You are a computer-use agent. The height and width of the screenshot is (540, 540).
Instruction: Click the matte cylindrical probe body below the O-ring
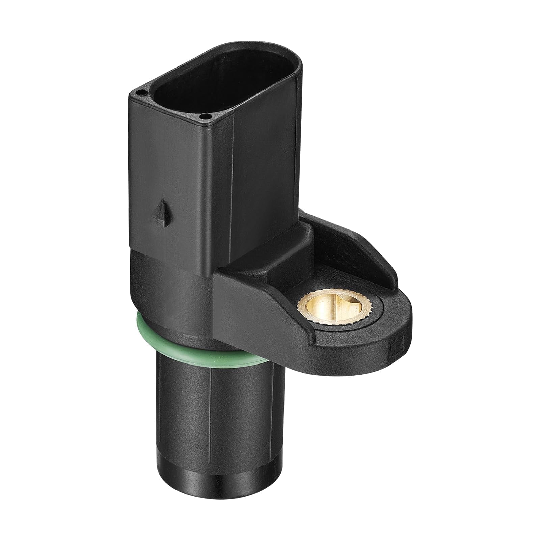pyautogui.click(x=189, y=405)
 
